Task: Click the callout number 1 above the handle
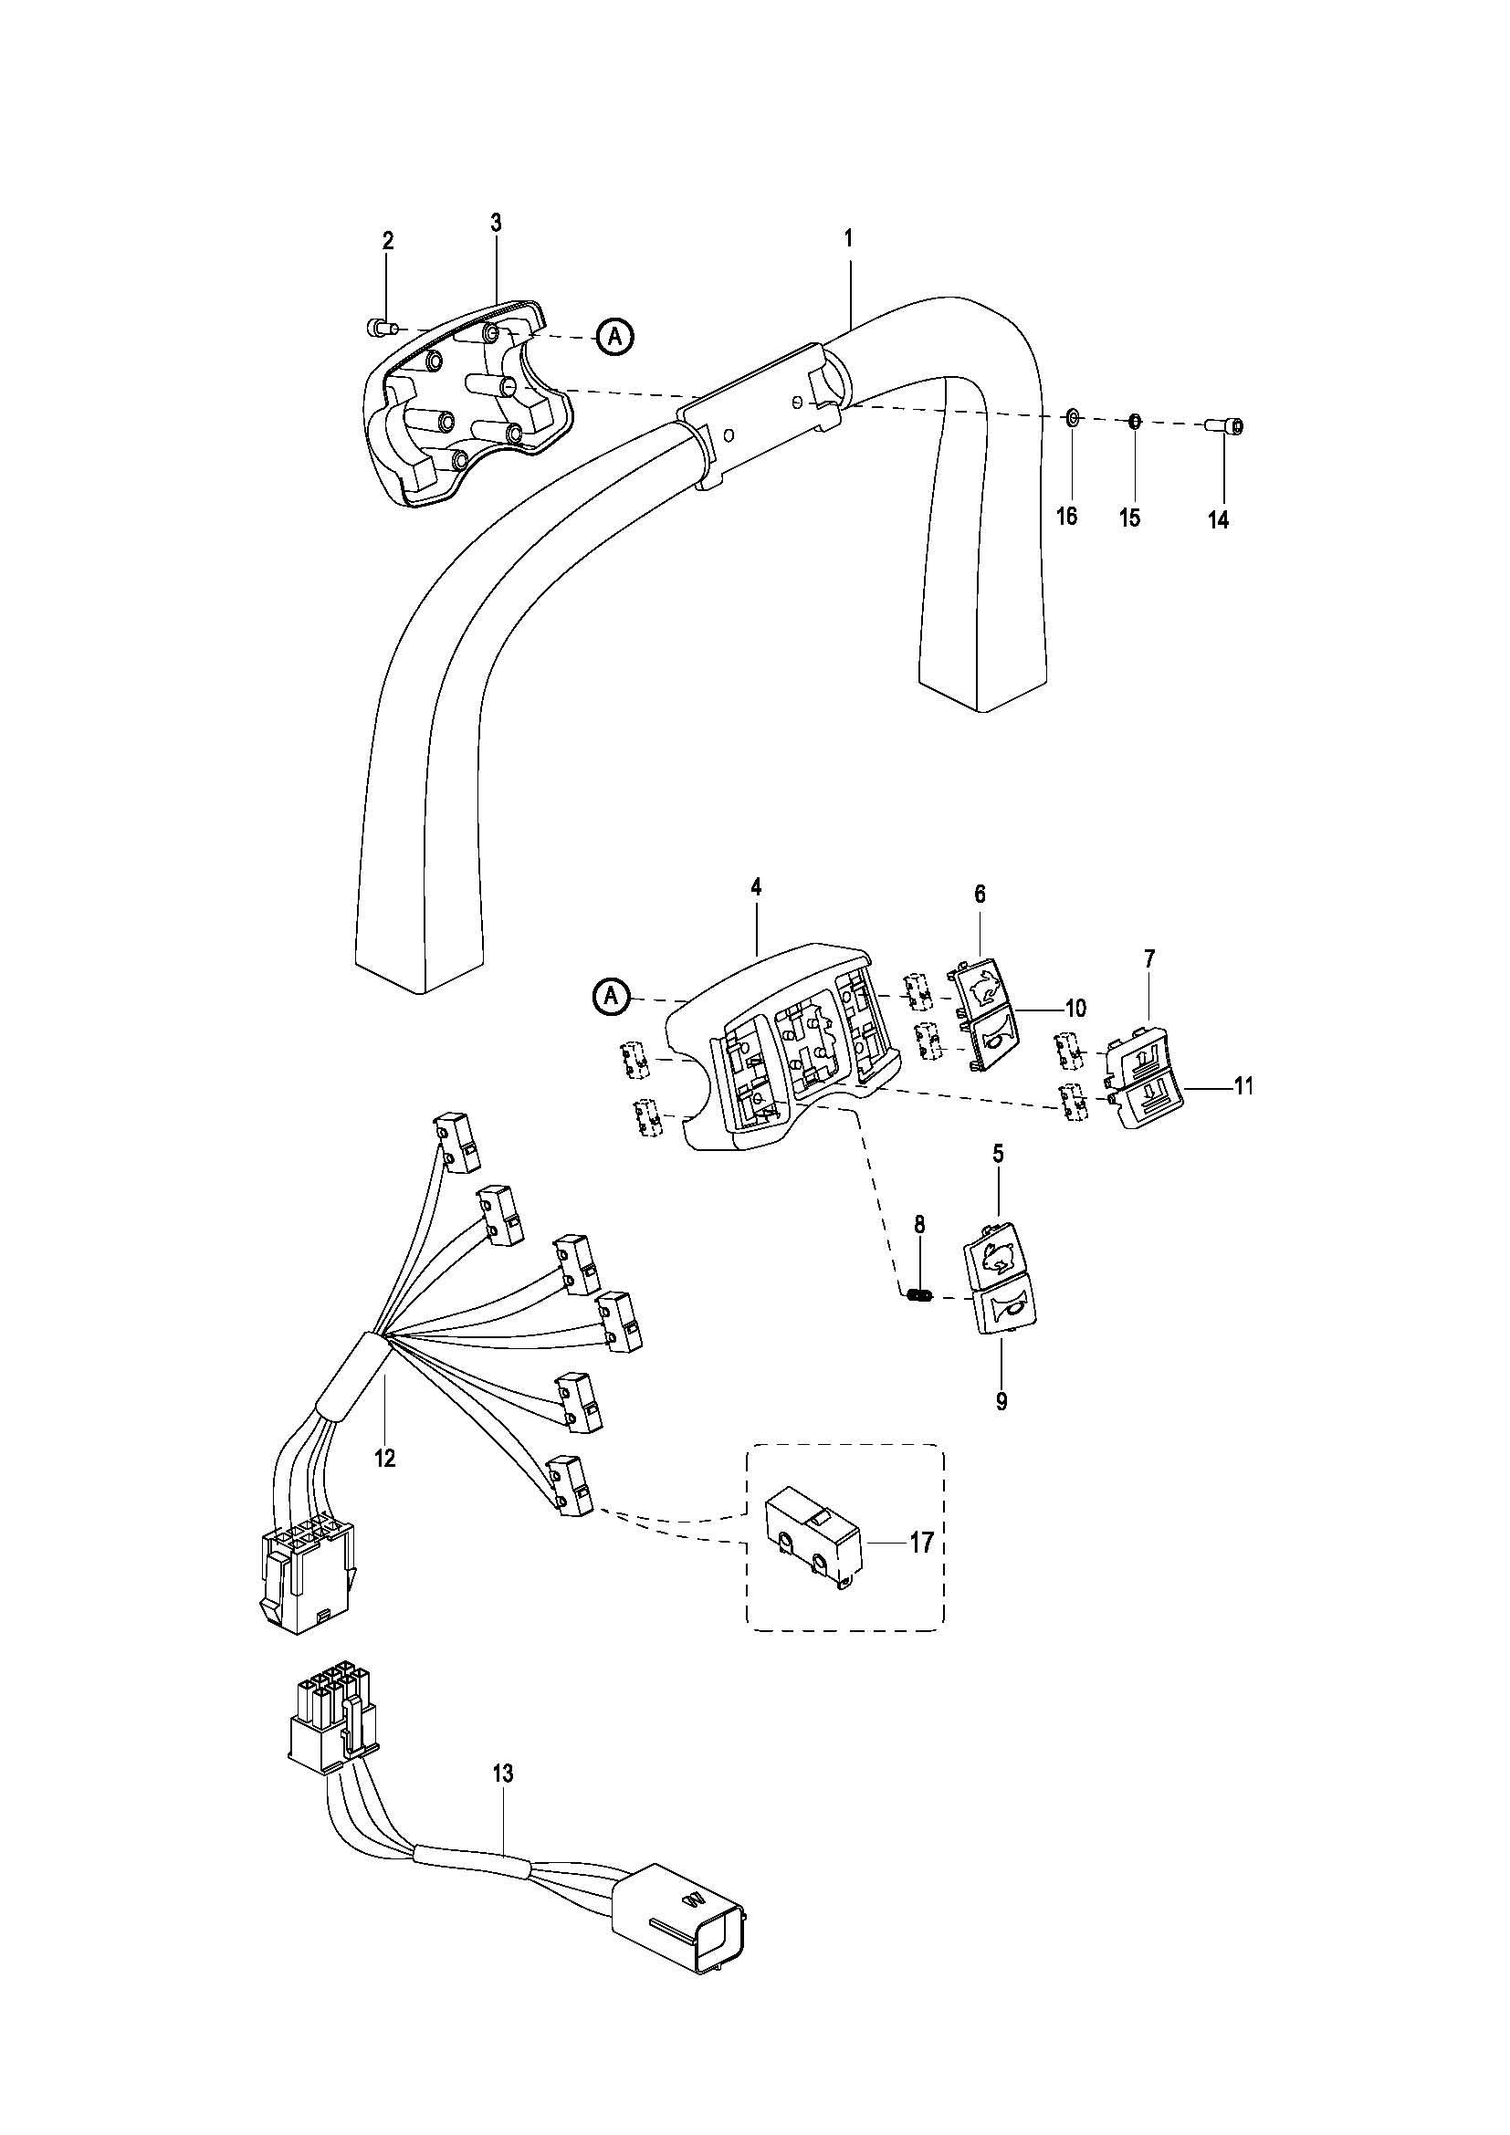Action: tap(848, 238)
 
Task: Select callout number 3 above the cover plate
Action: tap(496, 223)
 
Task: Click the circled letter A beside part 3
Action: tap(613, 336)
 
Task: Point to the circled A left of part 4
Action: tap(611, 996)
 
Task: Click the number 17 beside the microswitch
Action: tap(921, 1543)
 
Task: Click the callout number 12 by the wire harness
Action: tap(384, 1458)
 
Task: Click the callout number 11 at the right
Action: tap(1243, 1085)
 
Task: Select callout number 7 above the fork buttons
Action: tap(1149, 958)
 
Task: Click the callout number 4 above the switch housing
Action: tap(756, 887)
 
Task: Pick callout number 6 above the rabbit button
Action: tap(979, 895)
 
